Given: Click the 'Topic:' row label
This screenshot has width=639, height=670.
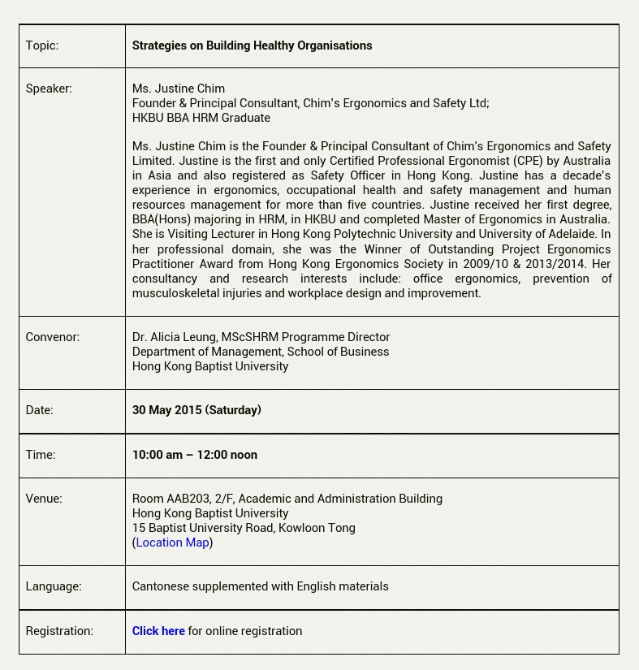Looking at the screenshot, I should [42, 45].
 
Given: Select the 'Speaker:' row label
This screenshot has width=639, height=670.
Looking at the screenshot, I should [49, 89].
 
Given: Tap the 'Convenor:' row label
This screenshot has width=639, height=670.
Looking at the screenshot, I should [52, 337].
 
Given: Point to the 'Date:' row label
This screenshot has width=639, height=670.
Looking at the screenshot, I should [39, 410].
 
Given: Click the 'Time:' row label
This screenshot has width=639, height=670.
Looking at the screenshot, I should [41, 455].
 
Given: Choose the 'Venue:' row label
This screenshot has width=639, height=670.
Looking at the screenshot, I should [44, 499].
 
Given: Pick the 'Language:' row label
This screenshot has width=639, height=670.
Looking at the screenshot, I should [54, 586].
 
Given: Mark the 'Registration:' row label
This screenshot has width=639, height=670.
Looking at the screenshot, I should [59, 631].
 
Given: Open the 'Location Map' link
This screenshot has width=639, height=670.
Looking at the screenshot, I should [172, 542].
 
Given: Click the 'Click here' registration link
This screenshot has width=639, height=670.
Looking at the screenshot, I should [158, 631].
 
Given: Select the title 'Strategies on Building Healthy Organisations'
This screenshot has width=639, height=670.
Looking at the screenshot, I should [252, 45].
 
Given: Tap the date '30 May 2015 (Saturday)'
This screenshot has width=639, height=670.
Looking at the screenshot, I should [196, 410].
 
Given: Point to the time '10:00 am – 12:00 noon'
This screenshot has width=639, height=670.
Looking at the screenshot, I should [195, 455].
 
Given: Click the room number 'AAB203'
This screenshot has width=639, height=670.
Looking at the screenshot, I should [188, 499].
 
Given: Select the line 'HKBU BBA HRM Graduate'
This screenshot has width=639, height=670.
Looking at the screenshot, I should [201, 118].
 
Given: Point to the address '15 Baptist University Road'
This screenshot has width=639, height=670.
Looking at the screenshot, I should [202, 528].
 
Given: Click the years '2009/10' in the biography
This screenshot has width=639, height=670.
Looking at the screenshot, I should [486, 264].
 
